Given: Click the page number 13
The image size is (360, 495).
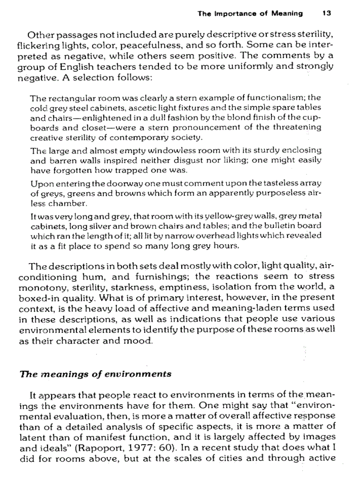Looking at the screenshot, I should click(326, 13).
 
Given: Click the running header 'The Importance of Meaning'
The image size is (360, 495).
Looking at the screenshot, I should click(250, 13).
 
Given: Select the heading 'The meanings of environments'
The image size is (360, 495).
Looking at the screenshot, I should click(96, 374).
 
